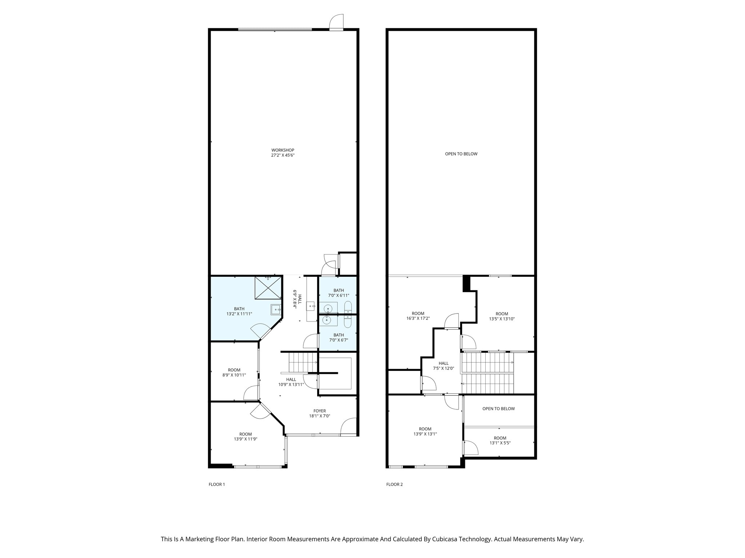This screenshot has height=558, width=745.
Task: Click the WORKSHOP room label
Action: point(283,150)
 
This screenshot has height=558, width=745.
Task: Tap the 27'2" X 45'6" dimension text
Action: point(283,155)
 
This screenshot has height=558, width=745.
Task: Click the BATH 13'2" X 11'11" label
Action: point(239,311)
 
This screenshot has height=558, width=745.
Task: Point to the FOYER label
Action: point(320,411)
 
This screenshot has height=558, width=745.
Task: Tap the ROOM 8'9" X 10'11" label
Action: point(234,372)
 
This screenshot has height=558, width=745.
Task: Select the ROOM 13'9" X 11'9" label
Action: point(246,436)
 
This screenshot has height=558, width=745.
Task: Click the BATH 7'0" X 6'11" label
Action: point(339,293)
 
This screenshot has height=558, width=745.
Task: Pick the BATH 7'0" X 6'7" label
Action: point(339,337)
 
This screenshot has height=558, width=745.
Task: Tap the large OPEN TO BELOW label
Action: point(461,154)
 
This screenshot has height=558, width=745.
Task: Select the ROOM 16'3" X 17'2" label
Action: point(418,316)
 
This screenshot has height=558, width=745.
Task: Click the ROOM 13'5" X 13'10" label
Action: point(502,316)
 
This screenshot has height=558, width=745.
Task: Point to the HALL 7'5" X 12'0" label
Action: point(443,365)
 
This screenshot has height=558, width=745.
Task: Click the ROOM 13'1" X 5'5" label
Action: point(500,440)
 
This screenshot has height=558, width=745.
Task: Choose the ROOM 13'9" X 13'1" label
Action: point(425,431)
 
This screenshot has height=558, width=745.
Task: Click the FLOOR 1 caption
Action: point(217,484)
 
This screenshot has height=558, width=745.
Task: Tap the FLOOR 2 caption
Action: point(394,484)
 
